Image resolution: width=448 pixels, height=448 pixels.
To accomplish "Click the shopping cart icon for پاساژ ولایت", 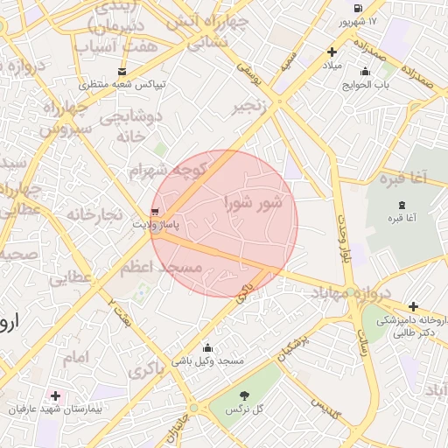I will click(156, 212).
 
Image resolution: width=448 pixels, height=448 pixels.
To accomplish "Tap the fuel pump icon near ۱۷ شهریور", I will click(356, 7).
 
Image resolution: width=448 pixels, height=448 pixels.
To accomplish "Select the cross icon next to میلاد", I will click(332, 52).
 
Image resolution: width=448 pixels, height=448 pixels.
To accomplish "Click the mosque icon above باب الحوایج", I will click(365, 72).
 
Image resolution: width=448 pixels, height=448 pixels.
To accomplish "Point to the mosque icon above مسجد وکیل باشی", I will click(207, 347).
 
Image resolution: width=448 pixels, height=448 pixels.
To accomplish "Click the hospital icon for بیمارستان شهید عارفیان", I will click(57, 396).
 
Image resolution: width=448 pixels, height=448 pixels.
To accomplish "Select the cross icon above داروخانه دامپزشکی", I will click(413, 307).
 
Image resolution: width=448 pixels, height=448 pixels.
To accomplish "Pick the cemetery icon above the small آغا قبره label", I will click(402, 204).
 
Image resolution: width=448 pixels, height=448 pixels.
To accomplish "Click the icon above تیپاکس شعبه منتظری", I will click(121, 72).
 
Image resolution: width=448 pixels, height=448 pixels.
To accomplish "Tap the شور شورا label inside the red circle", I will click(254, 204).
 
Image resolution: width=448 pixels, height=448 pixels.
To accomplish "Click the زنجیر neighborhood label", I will click(250, 108).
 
